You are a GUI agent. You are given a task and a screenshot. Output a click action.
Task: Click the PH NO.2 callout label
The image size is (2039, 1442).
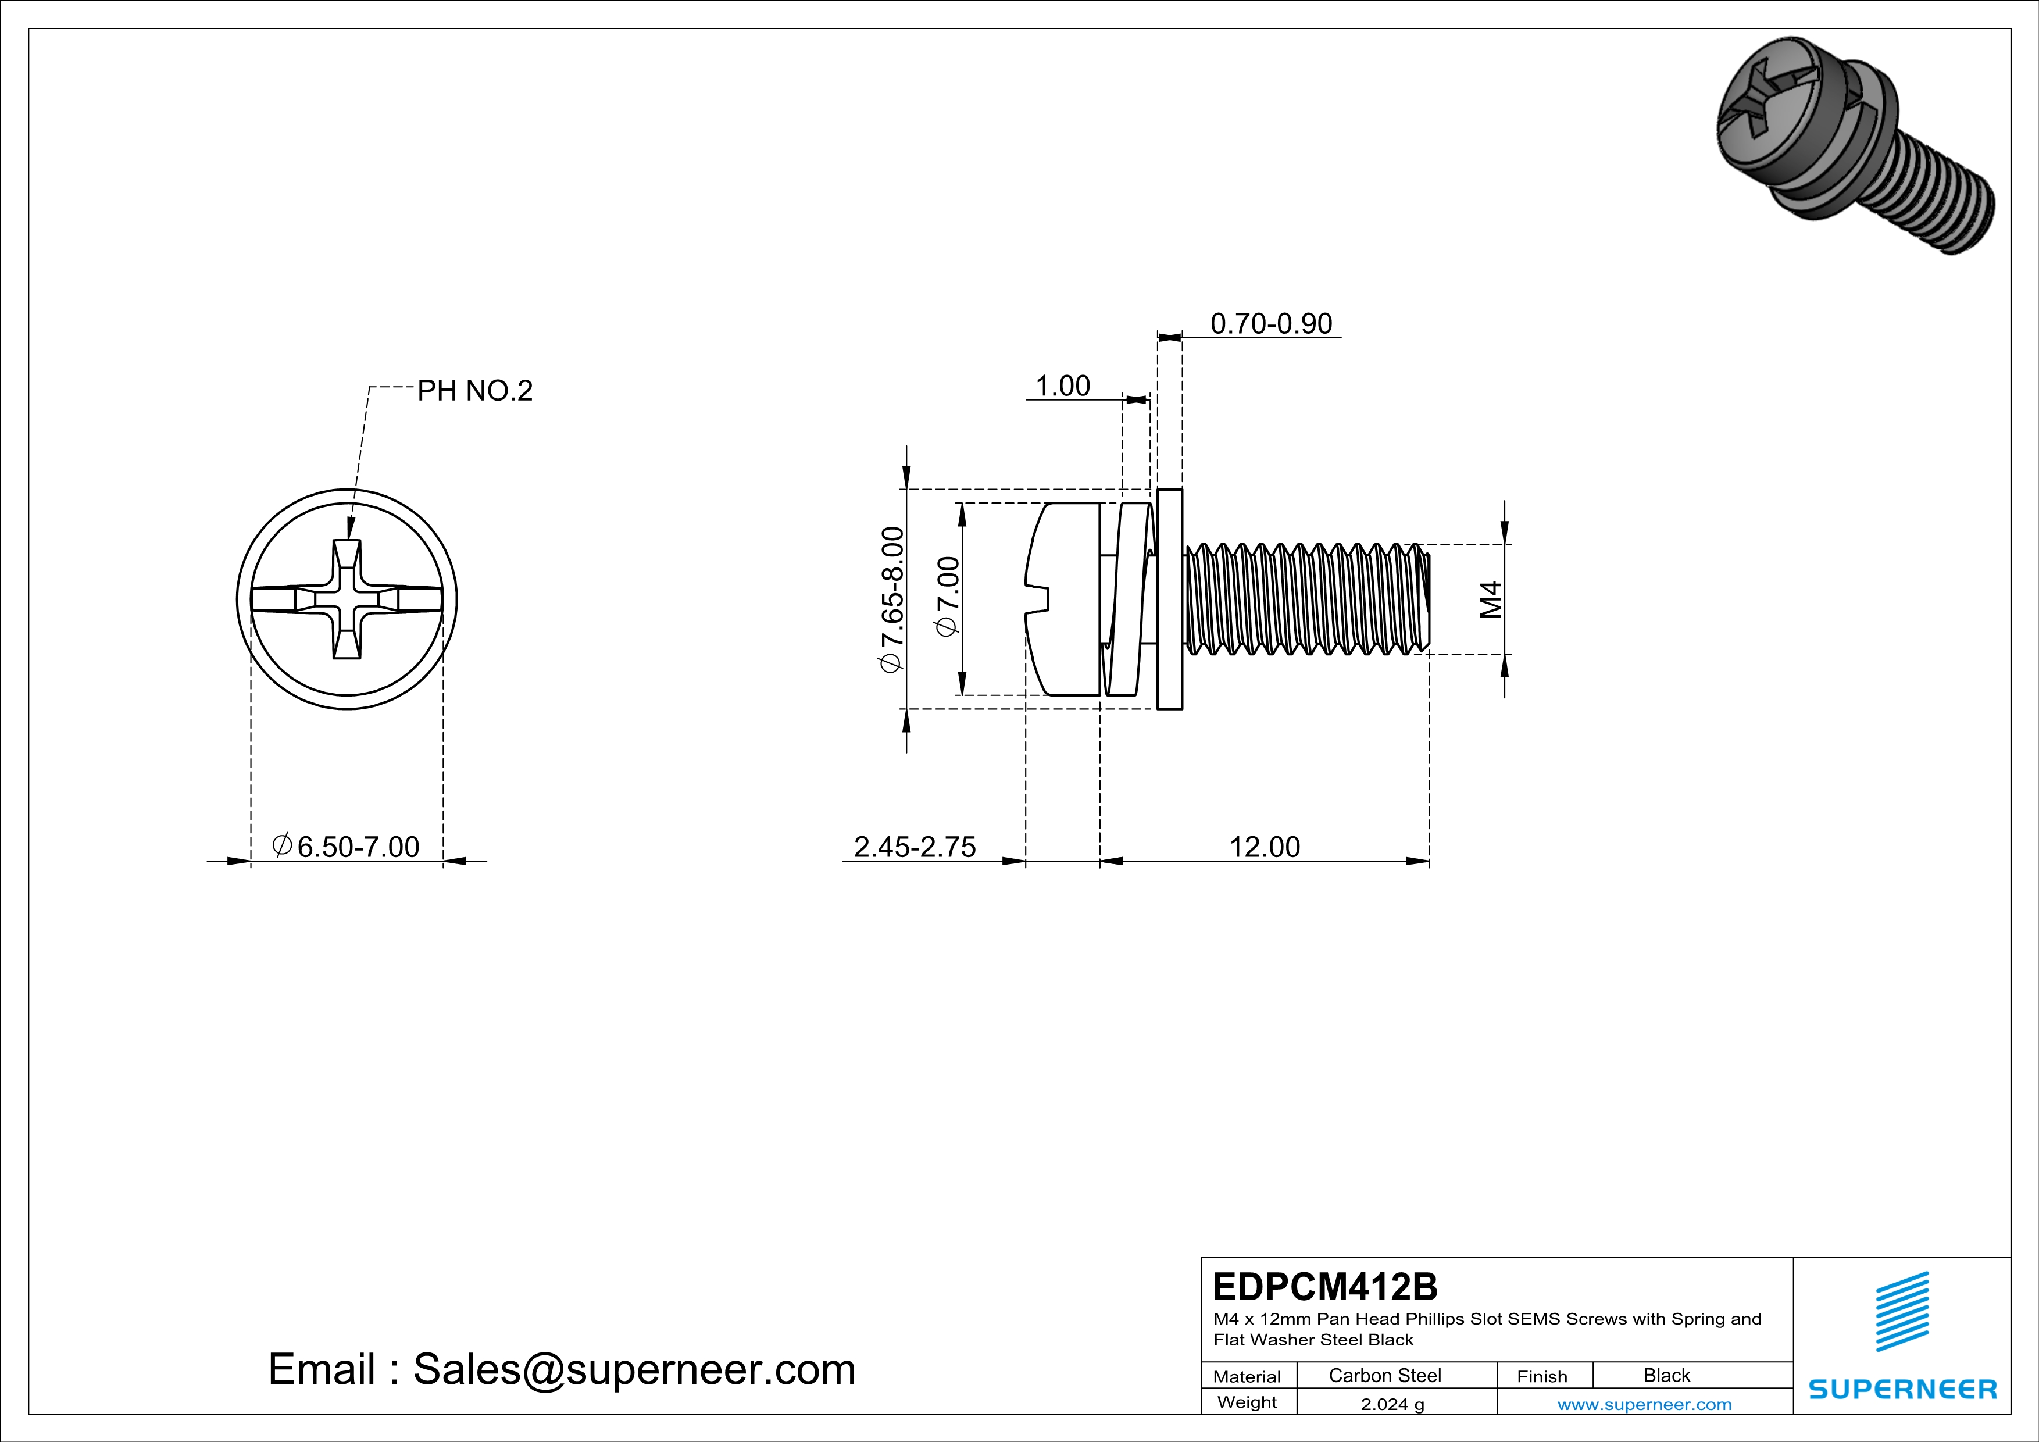click(474, 391)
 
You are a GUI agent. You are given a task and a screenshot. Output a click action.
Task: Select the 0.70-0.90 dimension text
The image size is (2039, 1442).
click(1271, 323)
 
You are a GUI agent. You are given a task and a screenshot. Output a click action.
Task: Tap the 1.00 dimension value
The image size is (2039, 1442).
click(1062, 386)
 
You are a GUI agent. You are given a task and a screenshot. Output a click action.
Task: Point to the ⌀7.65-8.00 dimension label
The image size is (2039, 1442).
click(892, 599)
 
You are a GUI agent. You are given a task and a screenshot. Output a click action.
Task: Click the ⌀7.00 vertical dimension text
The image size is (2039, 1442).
click(948, 596)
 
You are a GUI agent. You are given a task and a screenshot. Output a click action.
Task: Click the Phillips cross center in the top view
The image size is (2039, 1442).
click(347, 599)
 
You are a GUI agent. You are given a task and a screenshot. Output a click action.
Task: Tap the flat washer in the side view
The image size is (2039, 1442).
click(1170, 599)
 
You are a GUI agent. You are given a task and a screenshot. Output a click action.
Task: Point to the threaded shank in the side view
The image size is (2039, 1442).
click(1305, 599)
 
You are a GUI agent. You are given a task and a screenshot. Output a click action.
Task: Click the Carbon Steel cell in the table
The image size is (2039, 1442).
click(1384, 1375)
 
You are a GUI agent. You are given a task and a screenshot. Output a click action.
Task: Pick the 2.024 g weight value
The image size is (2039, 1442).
click(1391, 1404)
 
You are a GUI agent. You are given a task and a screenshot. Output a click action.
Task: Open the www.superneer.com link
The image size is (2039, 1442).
click(1644, 1404)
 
